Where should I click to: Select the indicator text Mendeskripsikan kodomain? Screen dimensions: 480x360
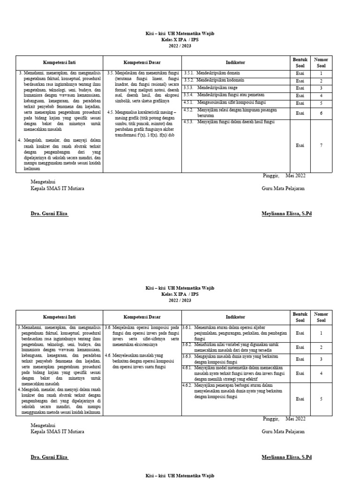[x=220, y=81]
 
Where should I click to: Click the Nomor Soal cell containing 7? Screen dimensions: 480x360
[x=321, y=145]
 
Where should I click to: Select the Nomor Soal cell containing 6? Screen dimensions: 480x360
[x=321, y=113]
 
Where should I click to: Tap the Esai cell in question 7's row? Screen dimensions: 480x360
[x=300, y=145]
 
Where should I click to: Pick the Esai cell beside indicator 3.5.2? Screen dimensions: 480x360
[x=300, y=81]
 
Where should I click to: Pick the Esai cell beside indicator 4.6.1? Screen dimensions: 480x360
[x=300, y=374]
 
